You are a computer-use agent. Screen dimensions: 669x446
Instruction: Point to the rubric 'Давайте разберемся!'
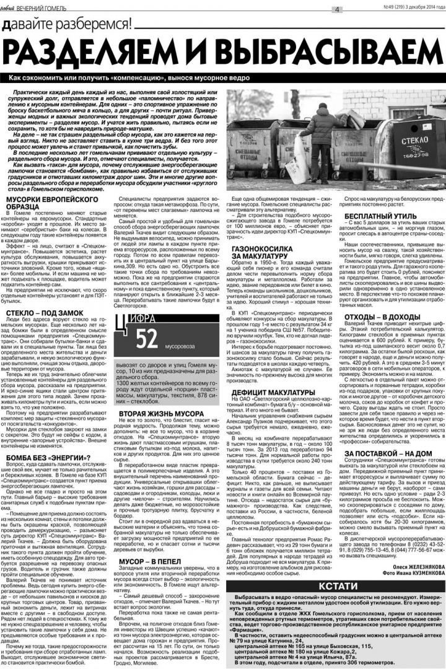pyautogui.click(x=67, y=25)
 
